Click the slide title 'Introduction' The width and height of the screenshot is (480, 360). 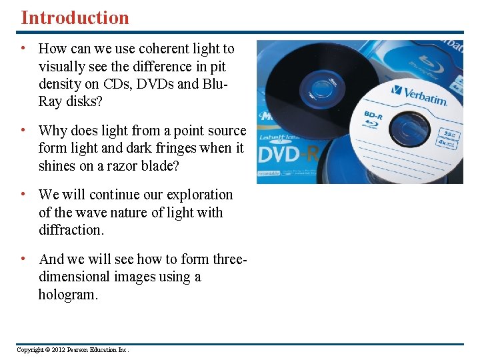click(75, 17)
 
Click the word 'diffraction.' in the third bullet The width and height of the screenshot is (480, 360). click(71, 230)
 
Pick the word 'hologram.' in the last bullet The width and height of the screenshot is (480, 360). click(68, 295)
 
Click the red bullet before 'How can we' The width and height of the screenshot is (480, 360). click(23, 49)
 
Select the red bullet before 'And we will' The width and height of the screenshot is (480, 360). click(23, 259)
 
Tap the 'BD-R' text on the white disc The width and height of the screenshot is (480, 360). click(374, 116)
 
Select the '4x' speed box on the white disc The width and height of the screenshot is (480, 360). click(443, 141)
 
